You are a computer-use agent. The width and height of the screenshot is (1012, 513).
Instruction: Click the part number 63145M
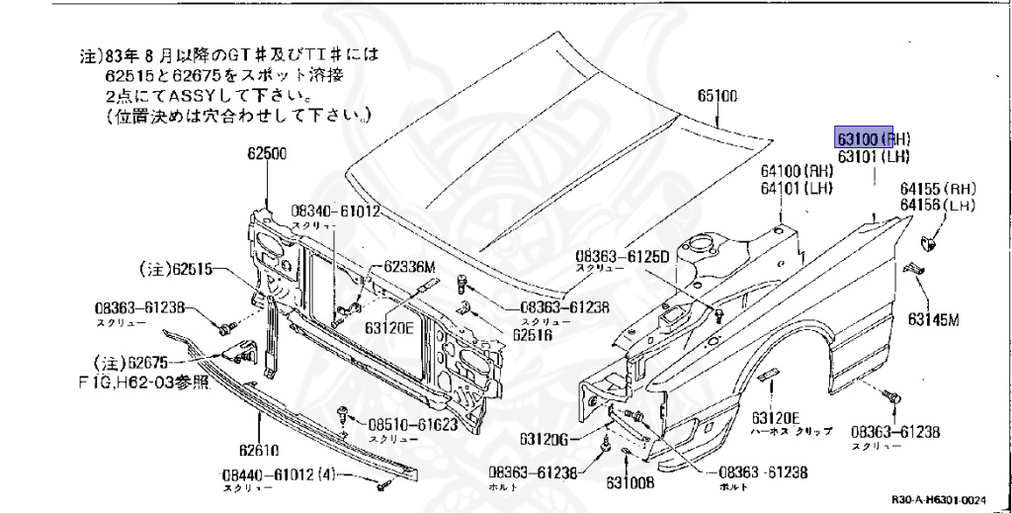935,318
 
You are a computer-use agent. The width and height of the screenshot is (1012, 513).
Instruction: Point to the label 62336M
409,265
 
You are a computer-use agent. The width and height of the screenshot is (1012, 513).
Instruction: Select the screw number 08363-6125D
623,256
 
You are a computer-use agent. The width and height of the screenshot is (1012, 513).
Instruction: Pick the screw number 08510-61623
410,425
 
